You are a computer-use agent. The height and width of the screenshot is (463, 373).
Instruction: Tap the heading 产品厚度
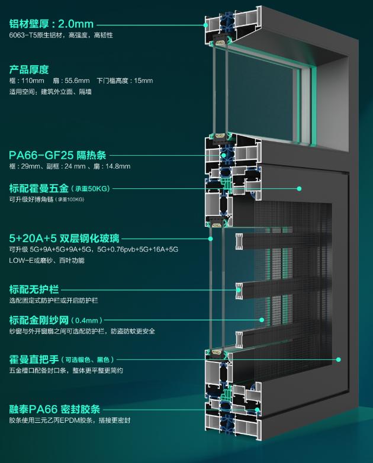[x=28, y=69]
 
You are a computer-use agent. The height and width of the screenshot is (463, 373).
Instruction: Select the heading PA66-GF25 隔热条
[x=57, y=155]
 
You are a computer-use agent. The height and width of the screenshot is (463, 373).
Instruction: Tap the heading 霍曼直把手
[x=33, y=359]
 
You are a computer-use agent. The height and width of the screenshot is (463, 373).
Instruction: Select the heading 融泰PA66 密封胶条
[x=54, y=409]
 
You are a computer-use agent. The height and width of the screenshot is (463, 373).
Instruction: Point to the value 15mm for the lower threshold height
[x=142, y=81]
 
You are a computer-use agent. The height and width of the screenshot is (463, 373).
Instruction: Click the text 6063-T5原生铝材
[x=36, y=36]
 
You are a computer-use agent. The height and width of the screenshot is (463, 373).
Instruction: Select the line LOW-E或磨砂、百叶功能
[x=47, y=261]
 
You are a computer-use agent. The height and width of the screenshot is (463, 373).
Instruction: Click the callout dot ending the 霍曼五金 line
[x=300, y=189]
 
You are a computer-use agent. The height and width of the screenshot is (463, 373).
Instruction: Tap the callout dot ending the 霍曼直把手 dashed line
[x=339, y=359]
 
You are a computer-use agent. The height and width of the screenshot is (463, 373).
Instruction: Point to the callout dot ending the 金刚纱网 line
[x=261, y=320]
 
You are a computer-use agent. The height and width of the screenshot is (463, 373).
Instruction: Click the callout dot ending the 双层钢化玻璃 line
[x=210, y=239]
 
